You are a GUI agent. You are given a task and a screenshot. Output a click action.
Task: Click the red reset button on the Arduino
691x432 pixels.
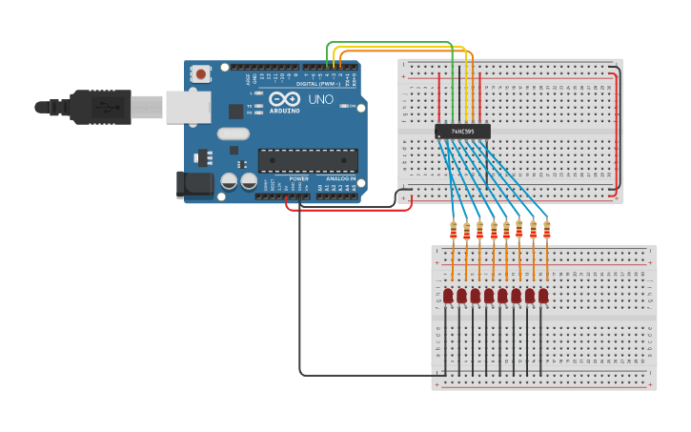click(201, 73)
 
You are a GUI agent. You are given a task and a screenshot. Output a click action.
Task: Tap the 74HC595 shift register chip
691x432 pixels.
click(462, 132)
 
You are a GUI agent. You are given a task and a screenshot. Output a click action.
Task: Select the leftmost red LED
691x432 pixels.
click(448, 297)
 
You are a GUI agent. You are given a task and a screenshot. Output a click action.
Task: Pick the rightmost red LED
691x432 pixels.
click(543, 297)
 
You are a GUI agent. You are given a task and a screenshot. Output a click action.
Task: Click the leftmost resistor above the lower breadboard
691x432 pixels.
click(453, 231)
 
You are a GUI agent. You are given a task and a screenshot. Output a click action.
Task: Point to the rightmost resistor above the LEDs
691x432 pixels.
click(546, 229)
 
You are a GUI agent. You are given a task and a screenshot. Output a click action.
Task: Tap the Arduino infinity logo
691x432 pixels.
click(283, 99)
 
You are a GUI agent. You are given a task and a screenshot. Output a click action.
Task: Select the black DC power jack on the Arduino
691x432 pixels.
click(194, 184)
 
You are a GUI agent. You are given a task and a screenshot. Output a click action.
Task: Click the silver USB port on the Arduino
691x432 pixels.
click(188, 106)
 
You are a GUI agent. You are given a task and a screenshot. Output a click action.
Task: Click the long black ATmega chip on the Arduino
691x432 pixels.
click(308, 160)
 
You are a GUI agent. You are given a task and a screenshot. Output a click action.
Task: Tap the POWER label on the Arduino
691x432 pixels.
click(298, 178)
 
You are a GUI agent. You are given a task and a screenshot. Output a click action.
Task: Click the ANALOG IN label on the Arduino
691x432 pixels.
click(340, 178)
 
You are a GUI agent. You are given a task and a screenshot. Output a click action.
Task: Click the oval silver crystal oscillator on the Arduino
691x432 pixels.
click(233, 134)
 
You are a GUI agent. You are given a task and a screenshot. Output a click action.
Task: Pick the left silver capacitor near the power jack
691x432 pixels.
click(229, 180)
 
